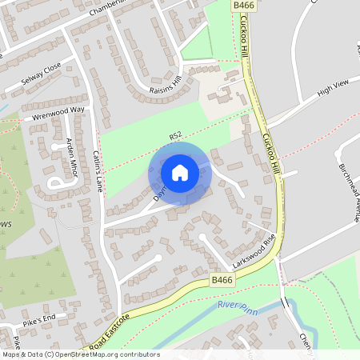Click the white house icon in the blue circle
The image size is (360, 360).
(x=180, y=172)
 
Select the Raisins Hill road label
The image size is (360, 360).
(x=166, y=86)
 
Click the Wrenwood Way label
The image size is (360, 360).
(x=58, y=114)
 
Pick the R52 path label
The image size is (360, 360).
(x=176, y=136)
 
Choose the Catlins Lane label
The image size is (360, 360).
(x=98, y=170)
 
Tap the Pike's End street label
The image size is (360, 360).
(x=39, y=319)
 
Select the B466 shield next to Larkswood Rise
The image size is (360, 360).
(x=223, y=281)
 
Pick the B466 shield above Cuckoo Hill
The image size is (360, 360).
(x=243, y=6)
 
